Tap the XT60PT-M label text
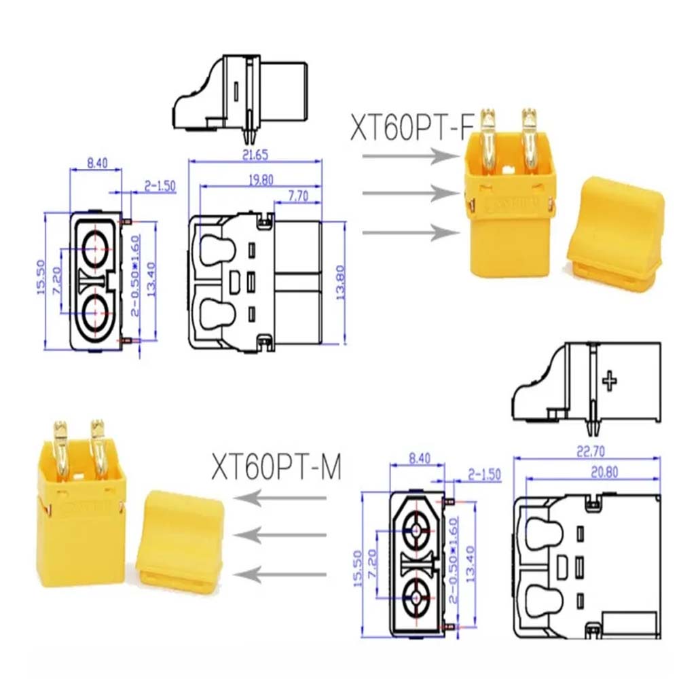[x=275, y=468]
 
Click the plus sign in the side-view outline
[x=610, y=380]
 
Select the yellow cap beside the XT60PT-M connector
[x=180, y=540]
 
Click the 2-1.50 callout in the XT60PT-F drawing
[x=159, y=185]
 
